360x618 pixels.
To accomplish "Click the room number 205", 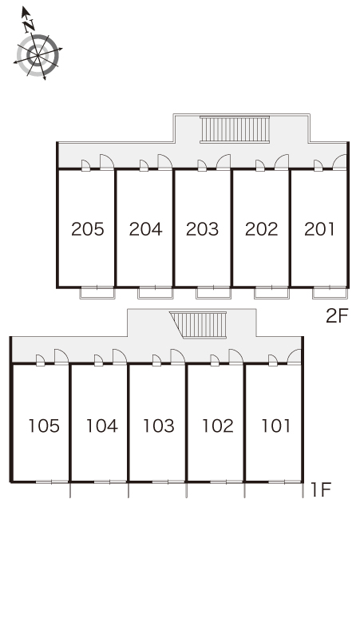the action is (88, 229).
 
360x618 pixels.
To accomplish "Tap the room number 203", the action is (203, 229).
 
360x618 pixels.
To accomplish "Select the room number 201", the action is (319, 229).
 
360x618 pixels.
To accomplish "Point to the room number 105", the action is (44, 426).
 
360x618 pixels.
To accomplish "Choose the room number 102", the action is (218, 426).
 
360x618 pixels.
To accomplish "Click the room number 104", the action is (102, 426).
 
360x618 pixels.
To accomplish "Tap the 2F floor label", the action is (338, 315).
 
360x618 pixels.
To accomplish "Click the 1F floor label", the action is (321, 490).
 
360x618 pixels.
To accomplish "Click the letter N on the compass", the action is (29, 26).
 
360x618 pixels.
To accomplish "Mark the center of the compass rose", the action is (38, 56).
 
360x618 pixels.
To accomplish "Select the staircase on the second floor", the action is (235, 129).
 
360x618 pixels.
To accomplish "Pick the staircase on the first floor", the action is (198, 324).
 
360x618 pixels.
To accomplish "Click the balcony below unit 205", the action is (97, 293).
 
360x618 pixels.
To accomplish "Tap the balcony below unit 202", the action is (271, 293).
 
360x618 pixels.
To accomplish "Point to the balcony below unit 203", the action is (213, 293).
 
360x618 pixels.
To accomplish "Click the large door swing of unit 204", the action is (165, 162).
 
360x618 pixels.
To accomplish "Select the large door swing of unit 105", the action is (61, 357).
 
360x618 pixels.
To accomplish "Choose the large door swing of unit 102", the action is (236, 357).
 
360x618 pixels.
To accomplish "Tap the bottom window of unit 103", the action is (168, 481).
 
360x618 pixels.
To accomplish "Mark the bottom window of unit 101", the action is (284, 481).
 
